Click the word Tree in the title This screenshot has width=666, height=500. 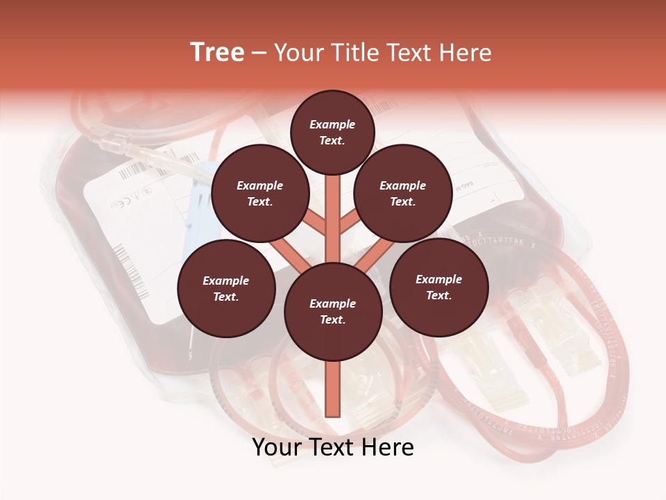[217, 53]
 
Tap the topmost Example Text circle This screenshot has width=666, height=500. [332, 132]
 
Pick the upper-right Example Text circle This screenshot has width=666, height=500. [403, 193]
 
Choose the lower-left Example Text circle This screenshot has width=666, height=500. [226, 288]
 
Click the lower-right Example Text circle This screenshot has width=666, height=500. [439, 287]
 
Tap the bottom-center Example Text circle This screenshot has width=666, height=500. [333, 311]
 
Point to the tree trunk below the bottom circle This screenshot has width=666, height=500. [333, 389]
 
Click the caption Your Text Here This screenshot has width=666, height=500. [333, 448]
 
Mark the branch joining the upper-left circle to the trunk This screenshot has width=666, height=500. [314, 222]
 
